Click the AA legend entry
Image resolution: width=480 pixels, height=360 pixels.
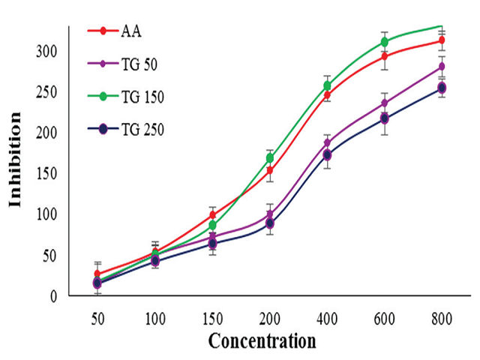(x=130, y=32)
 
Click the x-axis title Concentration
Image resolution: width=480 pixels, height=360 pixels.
(x=262, y=341)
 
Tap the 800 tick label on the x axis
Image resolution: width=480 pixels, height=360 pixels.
(x=441, y=318)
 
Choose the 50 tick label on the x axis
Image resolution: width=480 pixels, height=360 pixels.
(x=97, y=318)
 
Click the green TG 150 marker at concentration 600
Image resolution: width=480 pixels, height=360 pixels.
(x=384, y=42)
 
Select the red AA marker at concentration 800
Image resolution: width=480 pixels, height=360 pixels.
(x=442, y=40)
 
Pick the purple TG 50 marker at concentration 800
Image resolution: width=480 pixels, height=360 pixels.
(x=442, y=66)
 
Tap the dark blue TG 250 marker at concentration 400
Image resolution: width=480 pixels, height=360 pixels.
(x=327, y=154)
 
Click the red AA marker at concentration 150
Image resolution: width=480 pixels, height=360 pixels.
(x=212, y=215)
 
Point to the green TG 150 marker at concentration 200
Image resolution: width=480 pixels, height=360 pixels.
(x=270, y=158)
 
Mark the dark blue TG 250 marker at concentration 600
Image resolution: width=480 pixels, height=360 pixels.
(x=384, y=118)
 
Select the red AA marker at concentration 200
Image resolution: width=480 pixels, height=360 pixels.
(x=270, y=170)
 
